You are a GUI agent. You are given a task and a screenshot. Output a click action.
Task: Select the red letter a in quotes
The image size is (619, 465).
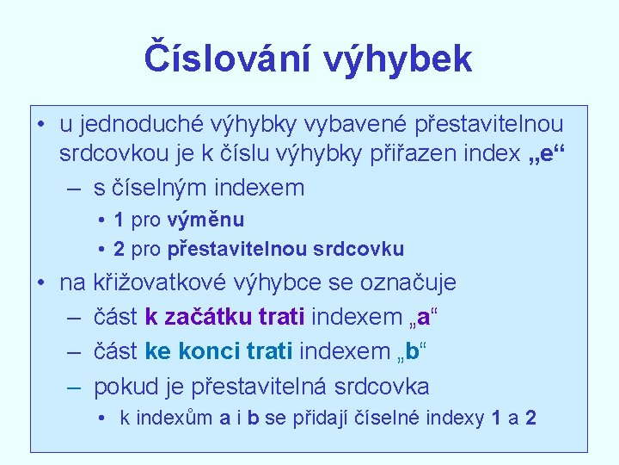(x=424, y=317)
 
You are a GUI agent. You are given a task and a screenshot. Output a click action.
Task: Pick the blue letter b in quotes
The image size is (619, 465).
(x=413, y=351)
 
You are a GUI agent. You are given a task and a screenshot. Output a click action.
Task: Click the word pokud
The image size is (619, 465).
(x=123, y=387)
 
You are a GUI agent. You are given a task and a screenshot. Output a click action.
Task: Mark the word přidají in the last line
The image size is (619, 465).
(x=322, y=418)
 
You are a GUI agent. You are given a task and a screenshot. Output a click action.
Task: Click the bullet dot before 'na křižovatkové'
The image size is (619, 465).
(x=40, y=282)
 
